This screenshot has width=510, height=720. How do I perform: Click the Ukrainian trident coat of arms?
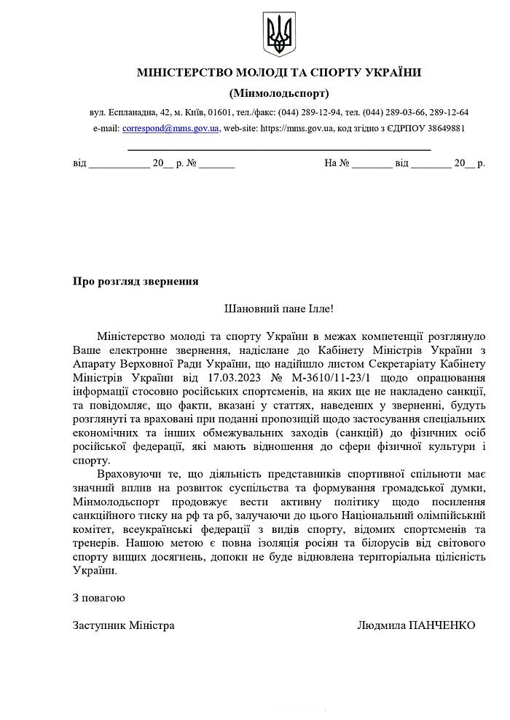point(278,34)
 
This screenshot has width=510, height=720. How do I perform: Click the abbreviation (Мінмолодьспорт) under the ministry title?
point(278,93)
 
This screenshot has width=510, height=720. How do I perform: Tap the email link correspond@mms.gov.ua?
point(170,128)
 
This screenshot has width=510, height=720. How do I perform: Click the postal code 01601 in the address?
point(220,112)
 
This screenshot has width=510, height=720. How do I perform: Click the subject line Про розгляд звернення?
point(136,281)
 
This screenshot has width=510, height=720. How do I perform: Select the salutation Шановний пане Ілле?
point(278,308)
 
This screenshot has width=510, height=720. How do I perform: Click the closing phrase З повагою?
point(99,598)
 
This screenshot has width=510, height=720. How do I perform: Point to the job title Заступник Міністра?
point(124,625)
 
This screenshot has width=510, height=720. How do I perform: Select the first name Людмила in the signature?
point(382,625)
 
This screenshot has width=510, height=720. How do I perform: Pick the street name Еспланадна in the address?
point(133,112)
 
